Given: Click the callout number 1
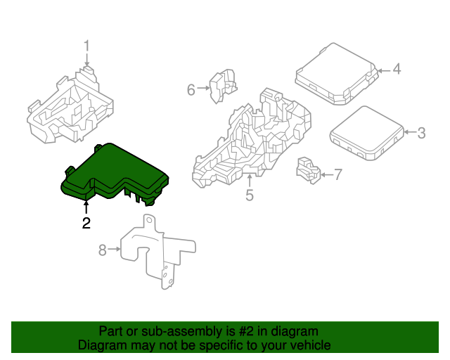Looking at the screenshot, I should [x=87, y=46].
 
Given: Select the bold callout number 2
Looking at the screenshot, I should [x=86, y=224].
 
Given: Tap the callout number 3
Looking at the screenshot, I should [x=421, y=132].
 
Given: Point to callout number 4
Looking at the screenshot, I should [x=396, y=69].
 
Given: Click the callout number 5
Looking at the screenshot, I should [x=249, y=195].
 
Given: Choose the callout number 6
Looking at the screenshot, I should [x=191, y=89].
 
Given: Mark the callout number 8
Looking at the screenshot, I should [x=102, y=250].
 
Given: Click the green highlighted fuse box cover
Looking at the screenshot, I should [x=116, y=172].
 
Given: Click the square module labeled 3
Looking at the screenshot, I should [x=366, y=132].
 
